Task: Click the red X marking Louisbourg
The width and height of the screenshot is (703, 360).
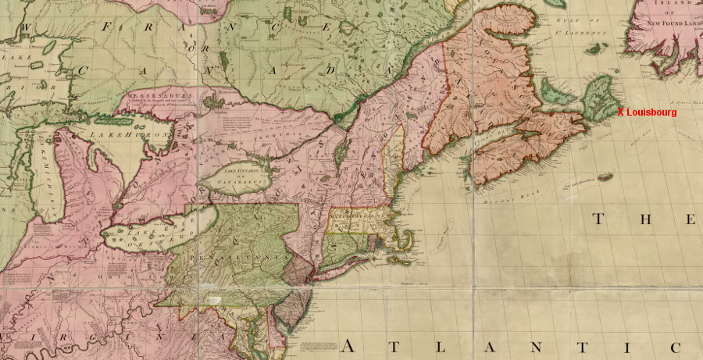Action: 620,112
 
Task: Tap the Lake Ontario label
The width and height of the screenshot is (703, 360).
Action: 240,172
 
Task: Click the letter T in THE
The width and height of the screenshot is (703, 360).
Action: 598,219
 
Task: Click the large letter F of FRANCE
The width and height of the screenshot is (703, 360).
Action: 106,27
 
